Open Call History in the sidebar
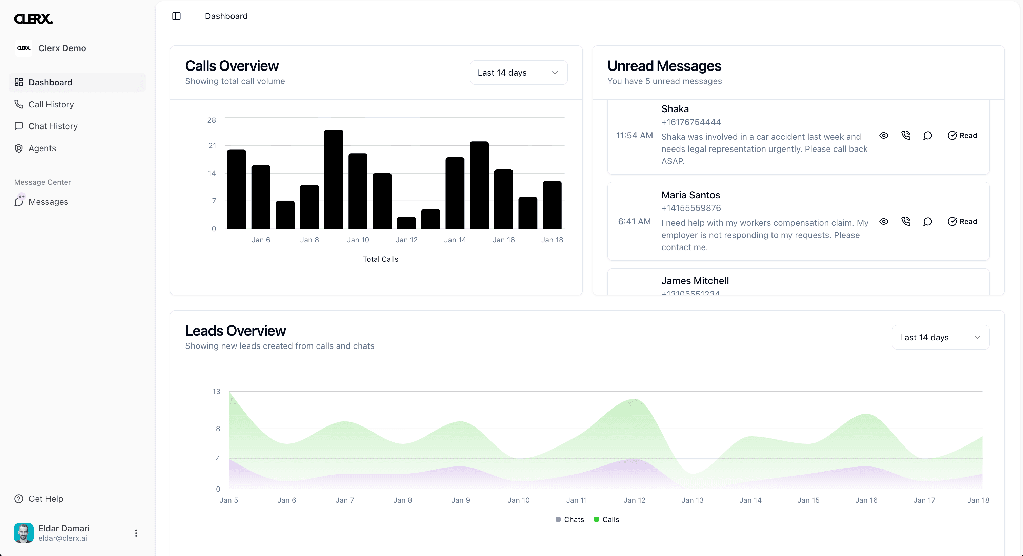51,104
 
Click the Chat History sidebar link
53,126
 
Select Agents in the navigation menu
42,148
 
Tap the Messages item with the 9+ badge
48,202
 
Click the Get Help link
45,499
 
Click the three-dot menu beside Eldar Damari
136,533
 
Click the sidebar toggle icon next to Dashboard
176,16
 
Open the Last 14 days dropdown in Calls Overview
519,73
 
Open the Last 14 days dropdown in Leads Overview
940,338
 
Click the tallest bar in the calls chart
334,179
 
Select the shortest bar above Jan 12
406,223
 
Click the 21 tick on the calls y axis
212,146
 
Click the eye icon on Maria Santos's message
884,222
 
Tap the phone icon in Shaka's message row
905,135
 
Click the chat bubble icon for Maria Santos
928,222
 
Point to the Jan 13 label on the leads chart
693,500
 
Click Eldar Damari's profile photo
23,533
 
